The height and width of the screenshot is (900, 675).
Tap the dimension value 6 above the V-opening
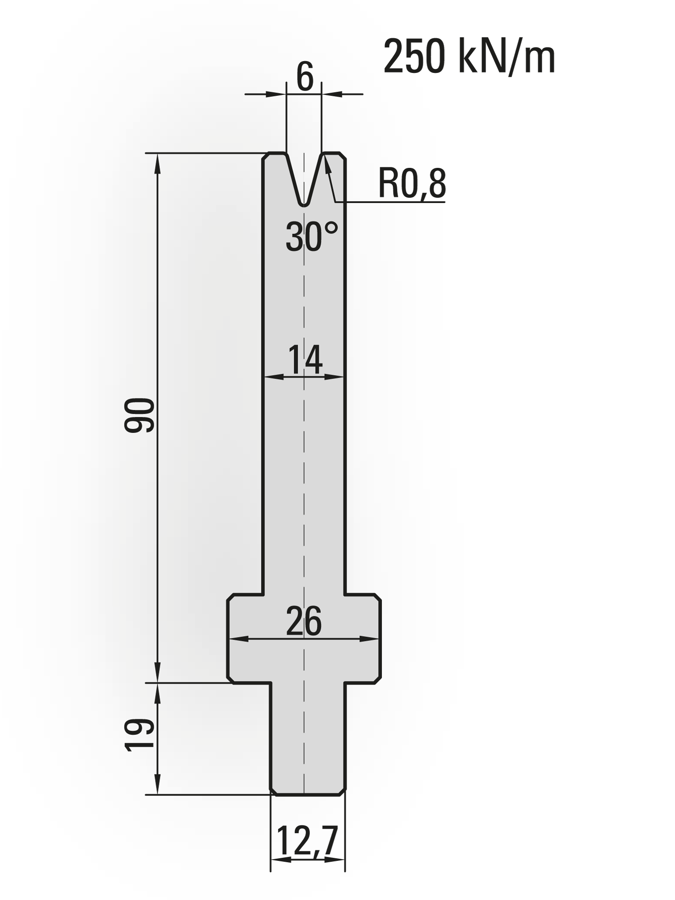[305, 77]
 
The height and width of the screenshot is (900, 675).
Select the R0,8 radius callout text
[412, 184]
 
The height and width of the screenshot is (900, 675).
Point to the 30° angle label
[312, 236]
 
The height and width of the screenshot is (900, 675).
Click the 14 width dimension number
[305, 359]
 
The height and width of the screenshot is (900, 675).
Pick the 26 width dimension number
[304, 621]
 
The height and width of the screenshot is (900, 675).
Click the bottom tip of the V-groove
[304, 205]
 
